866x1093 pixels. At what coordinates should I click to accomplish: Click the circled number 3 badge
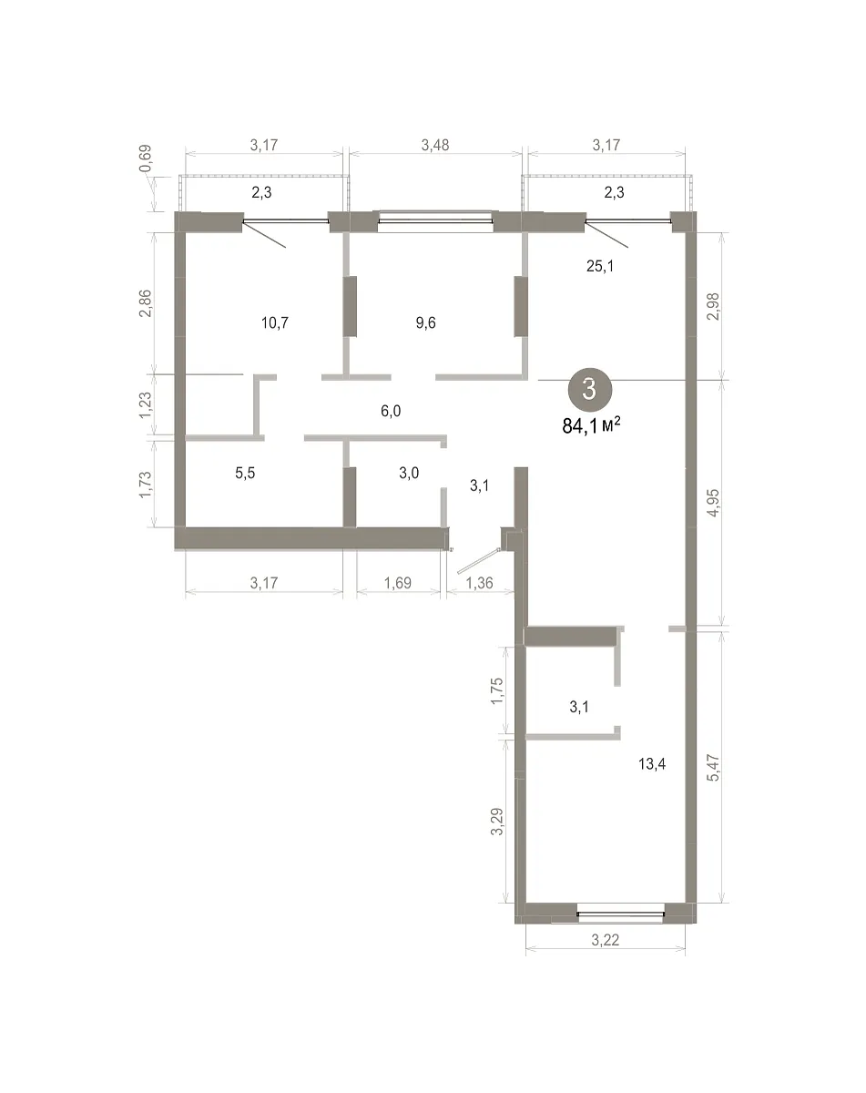pos(589,390)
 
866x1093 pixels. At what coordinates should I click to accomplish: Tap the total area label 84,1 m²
pos(591,425)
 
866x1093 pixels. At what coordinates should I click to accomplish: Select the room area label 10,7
pos(275,322)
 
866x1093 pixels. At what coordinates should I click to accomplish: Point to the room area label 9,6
pos(425,322)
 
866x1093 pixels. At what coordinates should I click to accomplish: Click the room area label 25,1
pos(600,266)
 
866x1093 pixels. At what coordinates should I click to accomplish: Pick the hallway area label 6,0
pos(391,411)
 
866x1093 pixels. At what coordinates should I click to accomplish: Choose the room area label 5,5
pos(245,474)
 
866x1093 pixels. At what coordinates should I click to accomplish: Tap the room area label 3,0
pos(409,474)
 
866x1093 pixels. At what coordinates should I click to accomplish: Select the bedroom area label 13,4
pos(652,763)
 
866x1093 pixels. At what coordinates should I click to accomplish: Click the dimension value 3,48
pos(435,145)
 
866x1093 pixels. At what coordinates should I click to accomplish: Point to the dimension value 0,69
pos(146,159)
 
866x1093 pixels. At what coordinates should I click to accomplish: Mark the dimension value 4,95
pos(713,503)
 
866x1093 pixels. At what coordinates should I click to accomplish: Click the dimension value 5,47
pos(713,768)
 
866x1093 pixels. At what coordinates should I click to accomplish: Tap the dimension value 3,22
pos(606,941)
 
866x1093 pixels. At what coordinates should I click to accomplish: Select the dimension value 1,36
pos(479,583)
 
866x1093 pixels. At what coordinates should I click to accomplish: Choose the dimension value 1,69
pos(398,583)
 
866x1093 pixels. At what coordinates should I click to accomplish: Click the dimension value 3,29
pos(497,822)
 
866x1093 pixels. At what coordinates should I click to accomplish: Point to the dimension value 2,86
pos(146,303)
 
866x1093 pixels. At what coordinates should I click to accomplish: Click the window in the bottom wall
pos(621,914)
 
